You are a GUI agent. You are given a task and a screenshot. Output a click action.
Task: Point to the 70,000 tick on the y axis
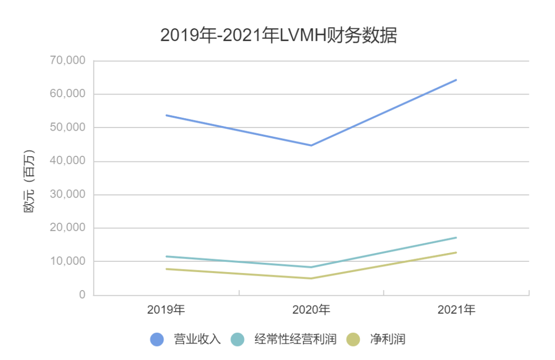(68, 61)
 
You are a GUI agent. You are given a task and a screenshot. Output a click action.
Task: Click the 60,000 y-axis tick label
(68, 94)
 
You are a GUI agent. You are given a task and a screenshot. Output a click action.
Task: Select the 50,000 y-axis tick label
(68, 128)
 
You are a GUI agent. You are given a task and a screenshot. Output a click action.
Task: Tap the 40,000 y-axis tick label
(68, 161)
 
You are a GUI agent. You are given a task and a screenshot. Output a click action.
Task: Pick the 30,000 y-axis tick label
(68, 194)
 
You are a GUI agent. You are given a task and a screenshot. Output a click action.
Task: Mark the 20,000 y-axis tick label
(68, 228)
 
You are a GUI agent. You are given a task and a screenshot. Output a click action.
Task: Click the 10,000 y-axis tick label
(68, 261)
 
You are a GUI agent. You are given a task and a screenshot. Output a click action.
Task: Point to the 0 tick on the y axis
(82, 295)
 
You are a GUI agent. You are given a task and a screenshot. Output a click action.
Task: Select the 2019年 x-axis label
(166, 310)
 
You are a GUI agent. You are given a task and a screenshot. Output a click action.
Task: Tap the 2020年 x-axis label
(311, 310)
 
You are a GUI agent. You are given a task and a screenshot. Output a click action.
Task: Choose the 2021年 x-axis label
(456, 310)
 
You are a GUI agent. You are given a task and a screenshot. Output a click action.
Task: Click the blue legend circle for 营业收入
(157, 339)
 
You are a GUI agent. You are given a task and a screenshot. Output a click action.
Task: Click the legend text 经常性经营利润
(295, 339)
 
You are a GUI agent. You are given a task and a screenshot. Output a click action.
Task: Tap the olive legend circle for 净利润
(353, 339)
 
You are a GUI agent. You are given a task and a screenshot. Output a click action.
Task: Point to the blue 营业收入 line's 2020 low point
(311, 146)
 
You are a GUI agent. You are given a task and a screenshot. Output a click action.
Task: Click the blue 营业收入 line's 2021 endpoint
(456, 80)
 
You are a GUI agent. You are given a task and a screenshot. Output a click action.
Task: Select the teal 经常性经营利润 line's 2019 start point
(166, 256)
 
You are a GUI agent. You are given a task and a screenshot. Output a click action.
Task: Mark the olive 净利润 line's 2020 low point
(311, 278)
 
